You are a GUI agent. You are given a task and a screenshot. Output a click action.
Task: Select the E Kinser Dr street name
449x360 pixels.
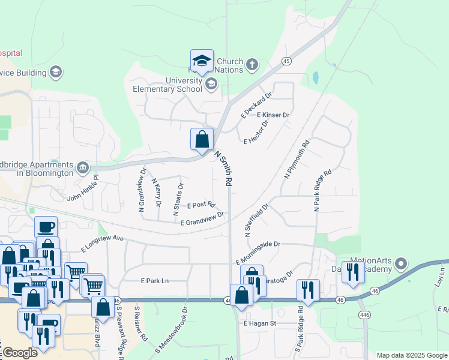273,115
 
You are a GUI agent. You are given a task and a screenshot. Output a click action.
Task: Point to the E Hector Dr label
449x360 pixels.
256,132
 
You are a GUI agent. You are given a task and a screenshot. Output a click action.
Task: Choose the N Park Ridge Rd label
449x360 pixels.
322,190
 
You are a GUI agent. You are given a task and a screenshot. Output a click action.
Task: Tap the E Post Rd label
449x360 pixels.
201,205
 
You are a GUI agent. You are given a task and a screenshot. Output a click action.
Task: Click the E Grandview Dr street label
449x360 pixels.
202,218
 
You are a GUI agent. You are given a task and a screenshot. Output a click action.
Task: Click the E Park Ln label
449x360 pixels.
155,280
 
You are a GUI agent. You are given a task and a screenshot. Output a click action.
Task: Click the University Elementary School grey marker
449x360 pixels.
211,83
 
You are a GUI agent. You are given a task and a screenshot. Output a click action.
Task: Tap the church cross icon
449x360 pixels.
252,64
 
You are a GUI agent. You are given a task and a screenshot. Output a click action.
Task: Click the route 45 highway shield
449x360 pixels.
286,61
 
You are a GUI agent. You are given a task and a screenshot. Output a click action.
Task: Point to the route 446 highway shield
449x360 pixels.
363,315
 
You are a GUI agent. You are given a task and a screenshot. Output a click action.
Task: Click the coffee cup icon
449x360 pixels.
46,227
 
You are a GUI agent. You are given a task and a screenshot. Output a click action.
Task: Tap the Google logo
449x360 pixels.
20,353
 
